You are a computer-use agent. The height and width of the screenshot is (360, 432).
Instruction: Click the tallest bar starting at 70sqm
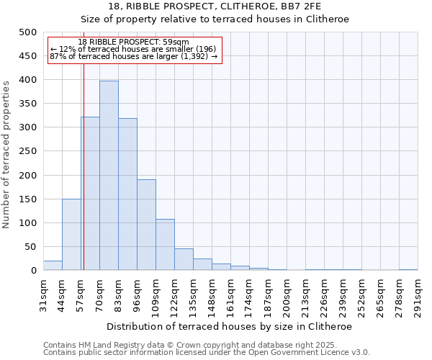[x=109, y=176]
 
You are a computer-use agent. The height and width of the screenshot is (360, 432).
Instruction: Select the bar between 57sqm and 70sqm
[x=90, y=194]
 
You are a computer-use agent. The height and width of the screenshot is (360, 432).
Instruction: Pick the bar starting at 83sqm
[x=127, y=194]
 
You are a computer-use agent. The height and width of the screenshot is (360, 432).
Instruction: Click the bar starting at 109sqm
[x=165, y=245]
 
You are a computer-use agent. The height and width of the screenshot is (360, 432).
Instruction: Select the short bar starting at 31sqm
[x=53, y=266]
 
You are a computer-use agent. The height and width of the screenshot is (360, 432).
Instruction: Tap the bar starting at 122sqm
[x=184, y=260]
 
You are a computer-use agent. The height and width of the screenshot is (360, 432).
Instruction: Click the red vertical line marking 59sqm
[x=84, y=166]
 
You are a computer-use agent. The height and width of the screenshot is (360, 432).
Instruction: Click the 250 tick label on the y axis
[x=28, y=151]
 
